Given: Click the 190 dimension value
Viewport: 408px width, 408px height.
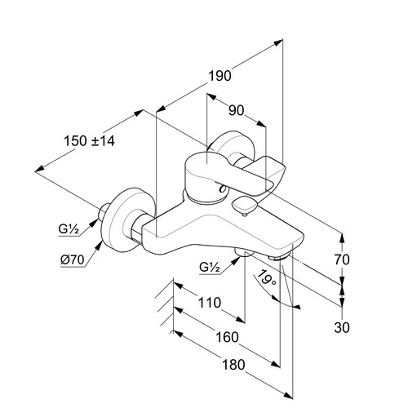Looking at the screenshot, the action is point(220,76).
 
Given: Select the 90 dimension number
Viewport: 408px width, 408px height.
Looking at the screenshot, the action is point(236,110).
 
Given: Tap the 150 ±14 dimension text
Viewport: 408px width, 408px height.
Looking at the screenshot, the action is point(89,141).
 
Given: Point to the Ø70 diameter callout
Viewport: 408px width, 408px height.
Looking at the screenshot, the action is point(73,260).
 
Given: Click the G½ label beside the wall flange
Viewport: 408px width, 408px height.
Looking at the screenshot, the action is point(69,229).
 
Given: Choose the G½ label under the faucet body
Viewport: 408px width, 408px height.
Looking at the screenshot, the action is point(210,267).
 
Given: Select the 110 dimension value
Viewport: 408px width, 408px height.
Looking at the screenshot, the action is point(209,303).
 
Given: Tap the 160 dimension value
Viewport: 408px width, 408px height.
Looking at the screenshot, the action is point(227,337).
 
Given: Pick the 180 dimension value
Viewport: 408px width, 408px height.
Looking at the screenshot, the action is point(233,365).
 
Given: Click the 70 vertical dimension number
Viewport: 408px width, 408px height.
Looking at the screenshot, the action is point(342,259).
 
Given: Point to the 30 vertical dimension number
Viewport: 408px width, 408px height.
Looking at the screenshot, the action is point(342,327).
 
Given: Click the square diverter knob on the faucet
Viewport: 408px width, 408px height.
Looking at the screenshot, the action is point(244,206).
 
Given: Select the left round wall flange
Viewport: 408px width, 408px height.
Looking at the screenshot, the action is point(129,220).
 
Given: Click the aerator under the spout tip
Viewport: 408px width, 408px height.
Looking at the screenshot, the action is point(279,256).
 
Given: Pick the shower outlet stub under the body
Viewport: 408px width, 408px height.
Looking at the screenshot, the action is point(244,252).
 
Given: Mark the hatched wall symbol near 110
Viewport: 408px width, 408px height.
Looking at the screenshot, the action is point(166,306).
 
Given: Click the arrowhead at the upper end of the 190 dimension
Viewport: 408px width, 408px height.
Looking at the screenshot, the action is point(278,43).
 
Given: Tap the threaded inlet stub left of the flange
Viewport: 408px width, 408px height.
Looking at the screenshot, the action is point(104,212).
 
